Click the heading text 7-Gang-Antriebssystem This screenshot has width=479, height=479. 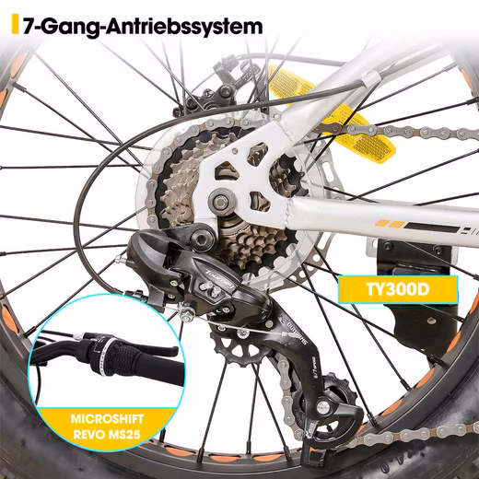(x=143, y=27)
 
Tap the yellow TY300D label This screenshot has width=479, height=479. (x=398, y=289)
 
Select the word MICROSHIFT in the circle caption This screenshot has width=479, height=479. (x=107, y=419)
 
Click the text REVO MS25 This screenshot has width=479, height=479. (x=107, y=435)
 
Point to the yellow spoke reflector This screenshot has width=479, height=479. (x=332, y=113)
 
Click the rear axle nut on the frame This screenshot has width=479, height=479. (x=220, y=202)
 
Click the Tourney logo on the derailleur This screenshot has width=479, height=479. (x=220, y=278)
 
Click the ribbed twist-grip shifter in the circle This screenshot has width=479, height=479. (x=118, y=356)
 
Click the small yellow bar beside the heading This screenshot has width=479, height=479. (x=15, y=24)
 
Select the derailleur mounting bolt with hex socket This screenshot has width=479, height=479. (x=202, y=238)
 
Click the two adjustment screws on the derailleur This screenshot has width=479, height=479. (x=211, y=288)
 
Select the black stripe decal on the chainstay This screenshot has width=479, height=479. (x=432, y=228)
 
